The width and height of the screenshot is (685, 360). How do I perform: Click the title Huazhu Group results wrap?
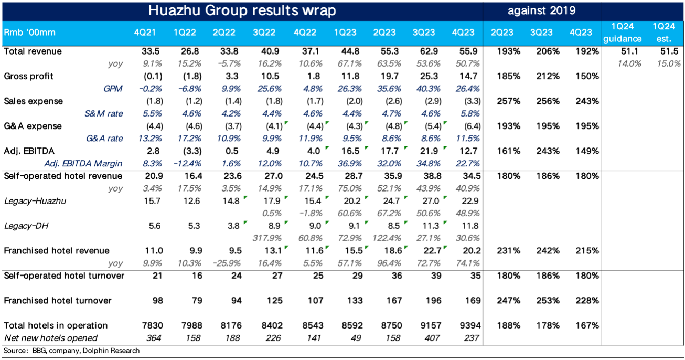[242, 10]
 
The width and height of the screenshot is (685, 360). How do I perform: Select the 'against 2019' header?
[542, 10]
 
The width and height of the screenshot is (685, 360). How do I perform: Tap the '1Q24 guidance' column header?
[622, 33]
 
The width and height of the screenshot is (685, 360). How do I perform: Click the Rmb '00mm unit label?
[30, 33]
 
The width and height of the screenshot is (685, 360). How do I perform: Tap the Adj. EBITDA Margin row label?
[83, 164]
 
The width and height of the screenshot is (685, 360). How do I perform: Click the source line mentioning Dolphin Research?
[72, 351]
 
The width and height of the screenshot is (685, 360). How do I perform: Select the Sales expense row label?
[33, 101]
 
